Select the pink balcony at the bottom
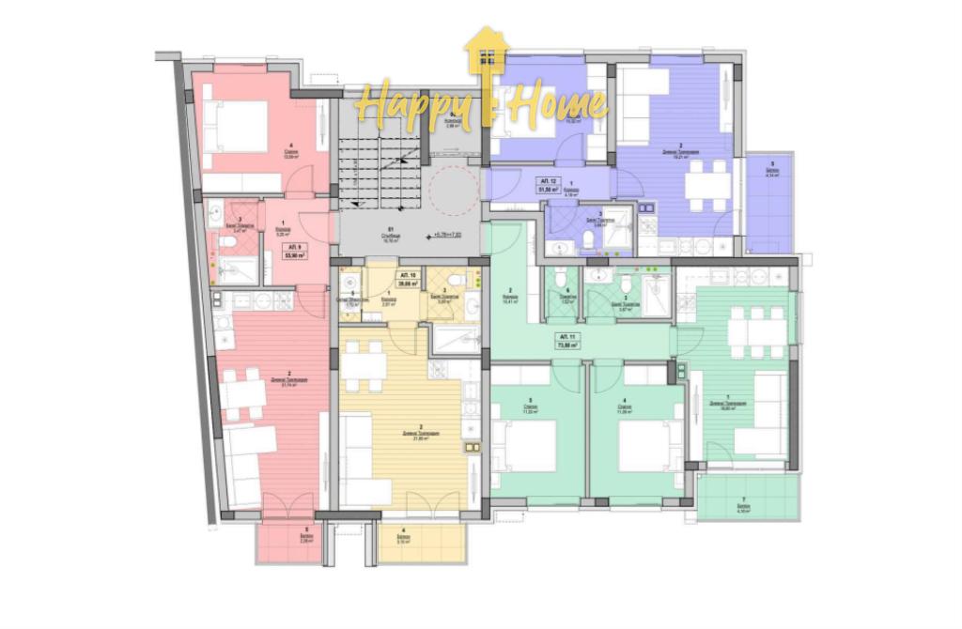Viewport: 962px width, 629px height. pos(289,542)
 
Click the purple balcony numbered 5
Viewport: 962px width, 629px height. pos(770,201)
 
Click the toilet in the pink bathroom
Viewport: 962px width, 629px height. pos(227,242)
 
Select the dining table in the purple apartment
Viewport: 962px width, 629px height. pos(706,185)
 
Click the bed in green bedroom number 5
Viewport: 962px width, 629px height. pos(529,445)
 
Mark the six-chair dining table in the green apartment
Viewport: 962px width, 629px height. pos(758,330)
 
